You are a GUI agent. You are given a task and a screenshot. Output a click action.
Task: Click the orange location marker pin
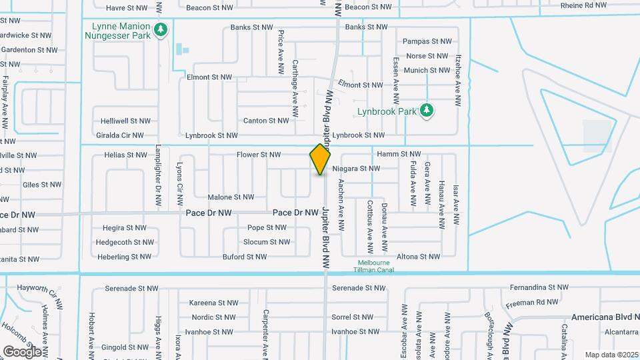pos(320,159)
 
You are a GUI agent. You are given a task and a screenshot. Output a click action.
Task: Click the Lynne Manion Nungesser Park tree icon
pos(160,29)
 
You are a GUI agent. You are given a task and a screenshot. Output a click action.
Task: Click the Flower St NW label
pos(259,155)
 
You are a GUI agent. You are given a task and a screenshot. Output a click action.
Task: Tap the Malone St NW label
pos(231,197)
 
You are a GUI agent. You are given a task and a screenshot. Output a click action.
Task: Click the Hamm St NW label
pos(399,154)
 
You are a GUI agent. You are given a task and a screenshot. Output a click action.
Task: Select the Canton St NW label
pos(266,121)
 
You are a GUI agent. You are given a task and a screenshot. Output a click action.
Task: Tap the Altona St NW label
pos(418,257)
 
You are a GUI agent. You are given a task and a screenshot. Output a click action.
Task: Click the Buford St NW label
pos(245,257)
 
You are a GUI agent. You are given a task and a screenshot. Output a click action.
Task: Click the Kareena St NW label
pos(213,303)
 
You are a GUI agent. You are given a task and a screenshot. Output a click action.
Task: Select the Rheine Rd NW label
pos(583,5)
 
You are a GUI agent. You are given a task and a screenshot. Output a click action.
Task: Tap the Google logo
pos(22,351)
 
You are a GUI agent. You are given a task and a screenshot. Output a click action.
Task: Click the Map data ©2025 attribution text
pos(611,355)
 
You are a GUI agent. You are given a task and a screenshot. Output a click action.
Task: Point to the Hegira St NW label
pos(124,228)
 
